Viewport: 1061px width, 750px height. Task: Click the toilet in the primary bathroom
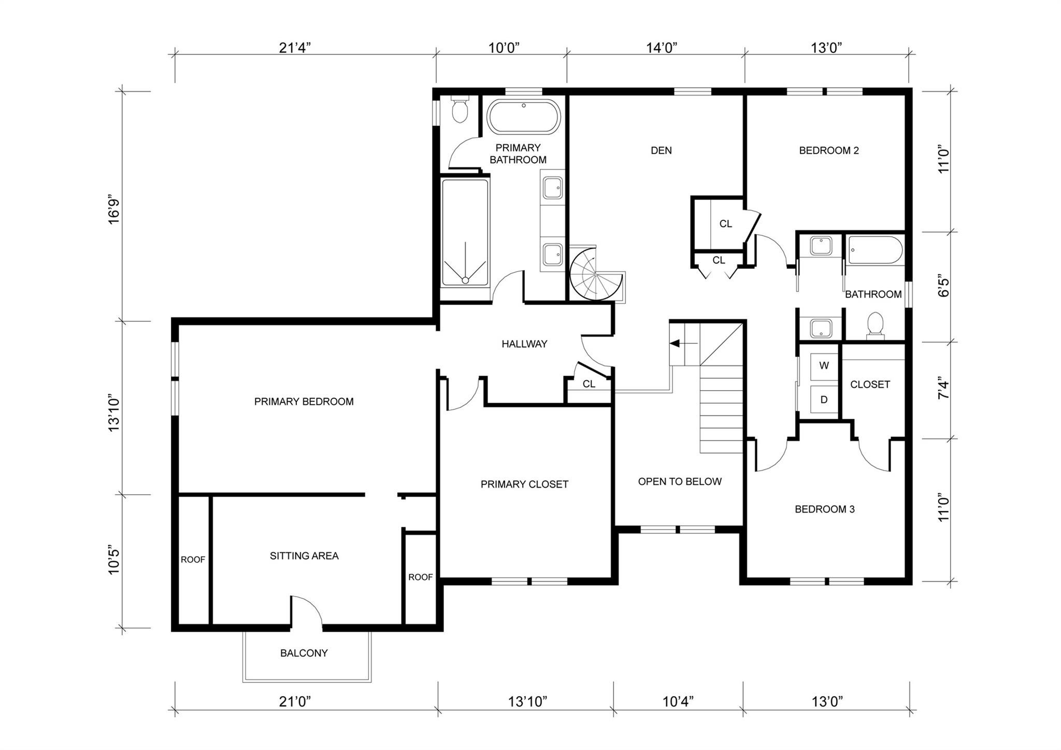(460, 109)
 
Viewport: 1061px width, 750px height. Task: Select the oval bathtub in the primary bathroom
(524, 117)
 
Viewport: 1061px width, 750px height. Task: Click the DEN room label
(661, 151)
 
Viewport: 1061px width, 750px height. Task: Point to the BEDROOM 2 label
(829, 151)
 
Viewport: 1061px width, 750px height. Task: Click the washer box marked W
(824, 366)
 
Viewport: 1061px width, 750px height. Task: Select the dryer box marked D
(824, 400)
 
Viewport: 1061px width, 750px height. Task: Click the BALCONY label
(304, 653)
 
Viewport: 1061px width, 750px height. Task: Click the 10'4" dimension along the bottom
(678, 702)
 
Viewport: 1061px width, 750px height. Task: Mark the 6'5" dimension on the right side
(944, 287)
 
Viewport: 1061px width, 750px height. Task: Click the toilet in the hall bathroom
(875, 324)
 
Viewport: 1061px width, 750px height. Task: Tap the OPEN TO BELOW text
(680, 482)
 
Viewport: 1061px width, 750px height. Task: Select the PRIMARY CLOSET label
(524, 484)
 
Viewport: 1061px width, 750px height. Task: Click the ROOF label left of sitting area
(193, 560)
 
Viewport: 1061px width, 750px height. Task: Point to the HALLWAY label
(524, 344)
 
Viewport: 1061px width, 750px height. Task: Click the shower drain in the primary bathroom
(465, 280)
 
